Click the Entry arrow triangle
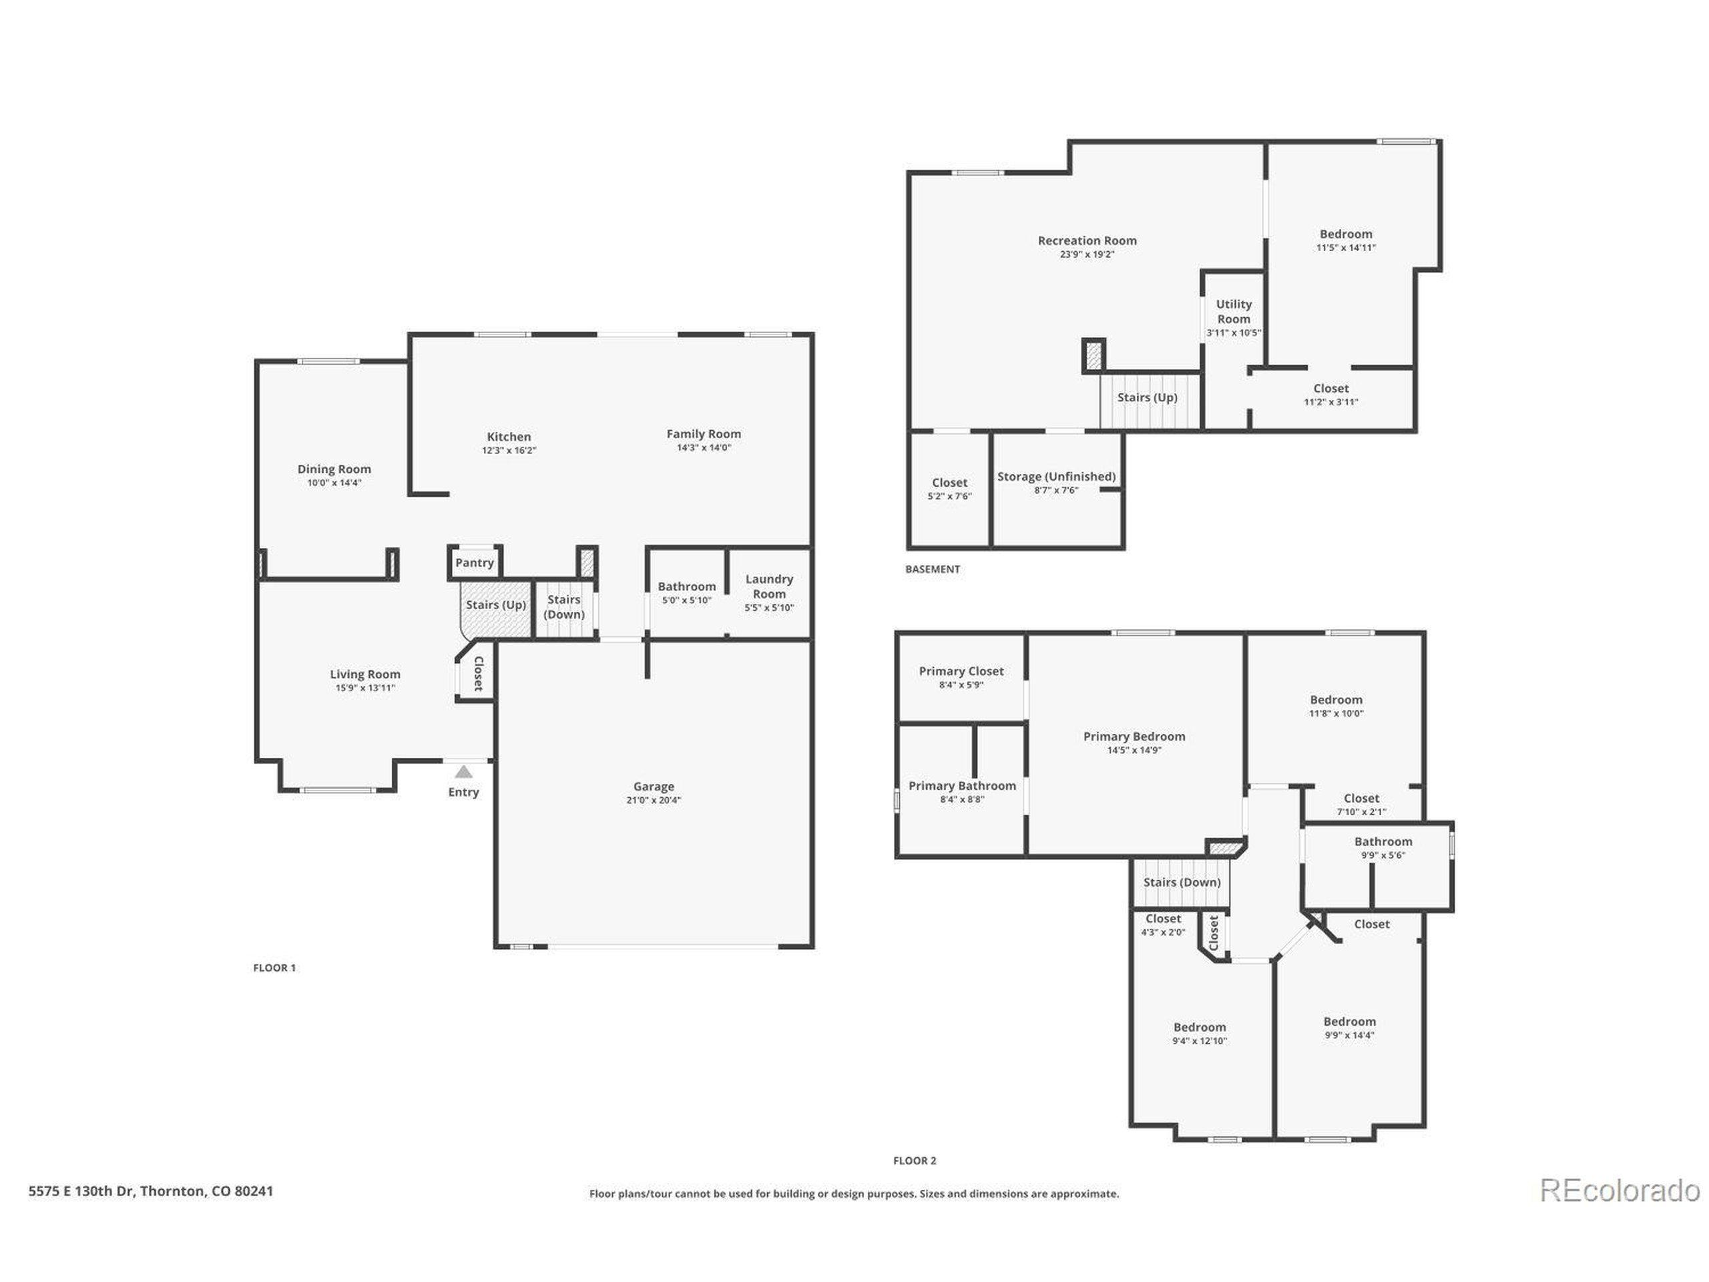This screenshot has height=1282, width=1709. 463,771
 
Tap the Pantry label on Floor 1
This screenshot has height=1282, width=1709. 475,563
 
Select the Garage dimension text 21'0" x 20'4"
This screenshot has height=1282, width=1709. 654,801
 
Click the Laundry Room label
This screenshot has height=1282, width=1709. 769,586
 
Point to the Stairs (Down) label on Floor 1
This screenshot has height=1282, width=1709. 564,606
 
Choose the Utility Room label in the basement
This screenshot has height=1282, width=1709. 1234,311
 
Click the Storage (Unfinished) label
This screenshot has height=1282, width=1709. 1056,477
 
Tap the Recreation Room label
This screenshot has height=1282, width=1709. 1087,240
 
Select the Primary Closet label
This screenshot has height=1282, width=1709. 961,672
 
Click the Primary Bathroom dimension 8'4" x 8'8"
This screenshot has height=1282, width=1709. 962,800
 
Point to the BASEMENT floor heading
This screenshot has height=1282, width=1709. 933,570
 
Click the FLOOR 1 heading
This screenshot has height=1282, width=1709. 274,968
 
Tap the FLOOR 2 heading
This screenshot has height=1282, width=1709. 915,1160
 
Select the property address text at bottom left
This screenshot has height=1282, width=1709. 151,1191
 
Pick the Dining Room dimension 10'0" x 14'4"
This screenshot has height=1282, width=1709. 334,483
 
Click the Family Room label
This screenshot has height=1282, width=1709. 704,434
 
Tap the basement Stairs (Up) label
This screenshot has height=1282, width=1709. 1148,397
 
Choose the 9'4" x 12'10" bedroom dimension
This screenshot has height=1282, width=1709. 1199,1041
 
